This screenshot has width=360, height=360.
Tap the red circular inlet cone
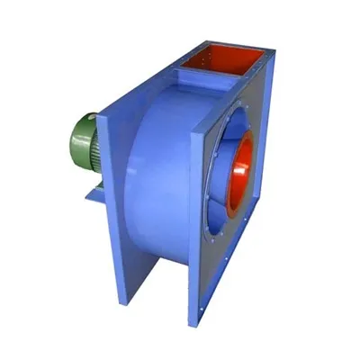[238, 171]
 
